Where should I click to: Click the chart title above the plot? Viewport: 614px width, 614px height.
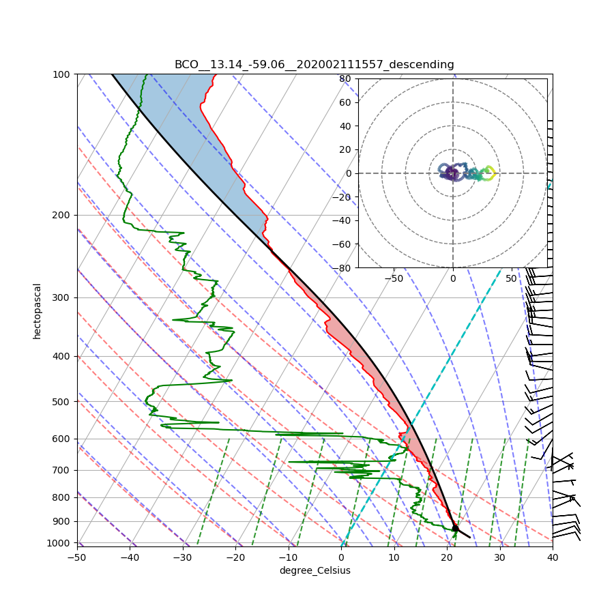(x=314, y=64)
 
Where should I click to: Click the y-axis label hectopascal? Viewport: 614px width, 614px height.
(x=37, y=310)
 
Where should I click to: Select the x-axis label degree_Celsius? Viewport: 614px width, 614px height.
(x=315, y=570)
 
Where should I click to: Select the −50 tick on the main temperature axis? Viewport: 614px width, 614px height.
(x=77, y=557)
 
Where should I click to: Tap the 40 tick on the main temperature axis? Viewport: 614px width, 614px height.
(x=553, y=557)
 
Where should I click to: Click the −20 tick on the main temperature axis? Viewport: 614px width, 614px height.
(x=235, y=557)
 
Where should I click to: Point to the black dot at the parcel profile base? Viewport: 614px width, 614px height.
(x=455, y=528)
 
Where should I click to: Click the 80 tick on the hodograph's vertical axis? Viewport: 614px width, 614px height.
(x=345, y=78)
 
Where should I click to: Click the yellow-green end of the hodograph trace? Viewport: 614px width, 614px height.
(x=489, y=173)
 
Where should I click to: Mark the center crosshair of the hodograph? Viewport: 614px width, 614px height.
(x=452, y=173)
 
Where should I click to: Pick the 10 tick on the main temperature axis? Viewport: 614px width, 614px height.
(x=394, y=557)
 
